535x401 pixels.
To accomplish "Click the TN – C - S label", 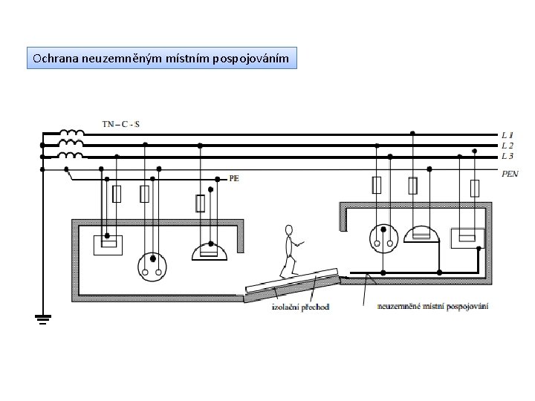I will point(121,124).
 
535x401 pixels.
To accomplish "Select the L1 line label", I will point(506,135).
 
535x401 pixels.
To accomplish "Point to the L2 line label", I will point(506,146).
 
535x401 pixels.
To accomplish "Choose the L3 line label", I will point(506,156).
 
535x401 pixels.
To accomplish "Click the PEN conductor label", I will point(510,174).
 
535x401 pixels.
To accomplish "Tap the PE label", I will point(234,179).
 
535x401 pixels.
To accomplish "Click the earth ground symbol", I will point(42,320).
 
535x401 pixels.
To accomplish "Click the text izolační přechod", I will point(300,307).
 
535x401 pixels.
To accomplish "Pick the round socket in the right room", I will point(383,238).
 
